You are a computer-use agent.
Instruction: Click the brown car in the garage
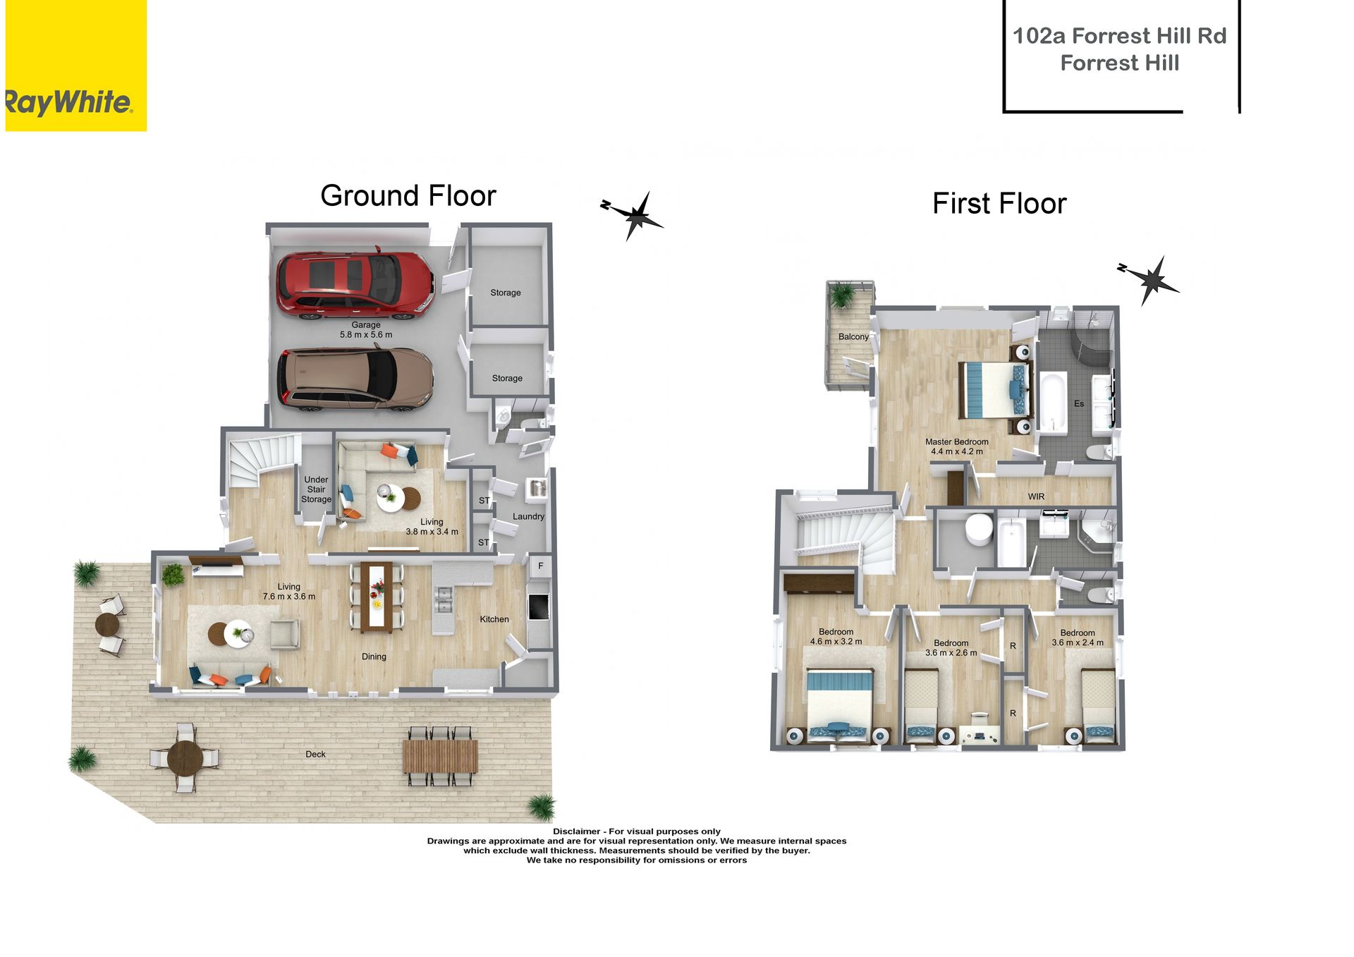click(x=355, y=379)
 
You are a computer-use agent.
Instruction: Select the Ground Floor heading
click(x=408, y=195)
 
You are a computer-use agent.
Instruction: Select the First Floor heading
click(x=999, y=203)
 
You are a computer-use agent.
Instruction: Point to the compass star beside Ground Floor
click(x=635, y=215)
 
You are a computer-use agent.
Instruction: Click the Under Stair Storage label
click(x=316, y=489)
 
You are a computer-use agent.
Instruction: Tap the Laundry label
click(x=528, y=516)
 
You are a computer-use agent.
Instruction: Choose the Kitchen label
click(x=494, y=619)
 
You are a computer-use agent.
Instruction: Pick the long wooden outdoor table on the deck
click(x=440, y=755)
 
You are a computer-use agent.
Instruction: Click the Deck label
click(x=315, y=754)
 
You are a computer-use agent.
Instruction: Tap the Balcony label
click(x=853, y=336)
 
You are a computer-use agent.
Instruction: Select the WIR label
click(x=1036, y=496)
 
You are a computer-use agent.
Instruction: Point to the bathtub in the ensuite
click(x=1052, y=402)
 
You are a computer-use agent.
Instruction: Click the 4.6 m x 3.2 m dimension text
click(x=836, y=642)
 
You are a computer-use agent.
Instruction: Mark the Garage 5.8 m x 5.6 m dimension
click(x=366, y=330)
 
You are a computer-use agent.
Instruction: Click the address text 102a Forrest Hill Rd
click(x=1120, y=35)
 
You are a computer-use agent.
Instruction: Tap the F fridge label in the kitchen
click(x=541, y=566)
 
